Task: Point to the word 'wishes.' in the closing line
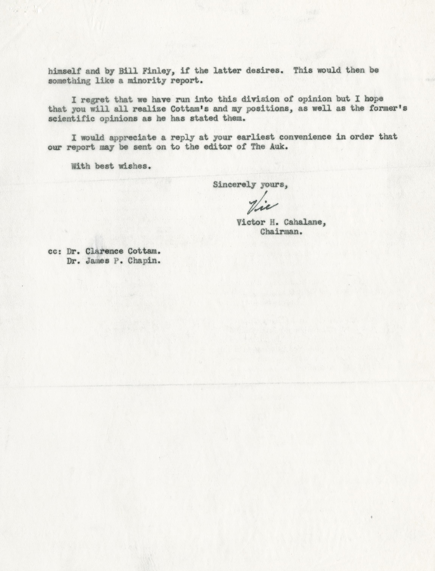135,166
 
